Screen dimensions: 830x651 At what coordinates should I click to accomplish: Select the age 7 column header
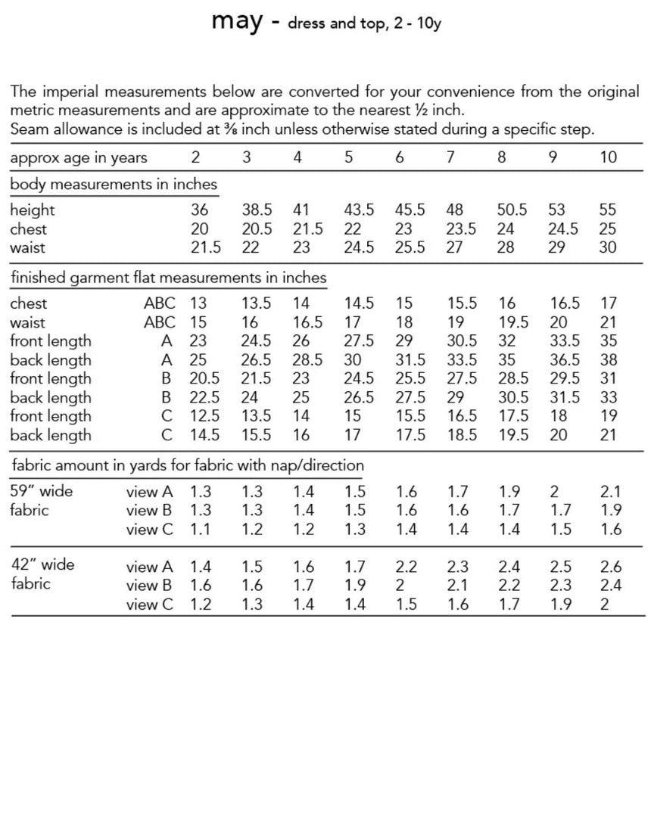point(451,157)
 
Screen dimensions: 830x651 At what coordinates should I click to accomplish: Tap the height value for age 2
point(199,210)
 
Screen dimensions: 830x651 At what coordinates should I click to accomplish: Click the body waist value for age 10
point(608,247)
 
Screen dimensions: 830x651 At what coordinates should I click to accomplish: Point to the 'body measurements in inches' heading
point(114,184)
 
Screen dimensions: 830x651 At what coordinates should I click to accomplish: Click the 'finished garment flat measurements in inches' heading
point(168,278)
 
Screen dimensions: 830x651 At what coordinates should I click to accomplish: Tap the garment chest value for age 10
point(609,303)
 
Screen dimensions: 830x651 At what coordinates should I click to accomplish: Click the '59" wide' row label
point(42,491)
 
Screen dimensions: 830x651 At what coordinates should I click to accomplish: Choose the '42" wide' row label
point(43,564)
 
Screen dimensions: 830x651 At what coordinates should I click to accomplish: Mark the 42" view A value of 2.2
point(406,566)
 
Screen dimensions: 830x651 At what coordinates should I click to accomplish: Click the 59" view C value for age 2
point(200,529)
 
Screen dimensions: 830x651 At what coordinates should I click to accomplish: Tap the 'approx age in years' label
point(79,157)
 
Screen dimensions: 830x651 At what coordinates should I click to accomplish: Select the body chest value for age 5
point(353,228)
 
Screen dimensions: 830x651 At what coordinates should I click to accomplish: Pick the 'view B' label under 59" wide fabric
point(150,510)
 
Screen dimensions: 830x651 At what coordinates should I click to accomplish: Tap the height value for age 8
point(512,210)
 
